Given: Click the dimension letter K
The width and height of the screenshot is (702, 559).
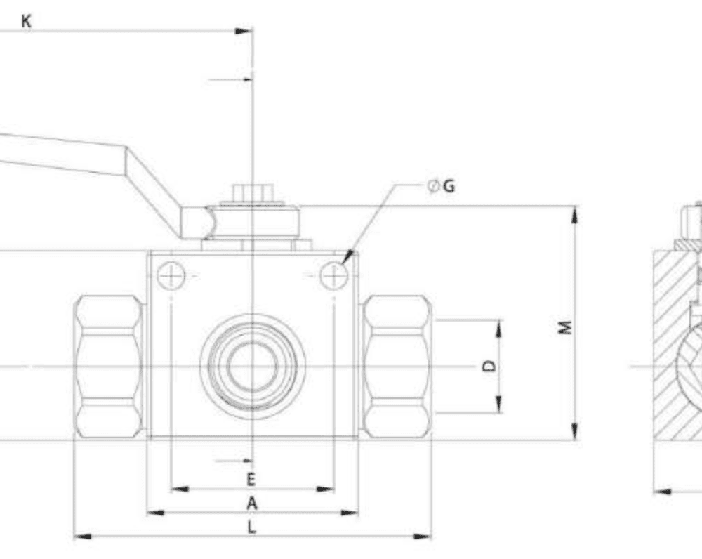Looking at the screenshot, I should click(26, 21).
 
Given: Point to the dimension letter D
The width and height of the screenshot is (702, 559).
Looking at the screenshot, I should click(490, 366).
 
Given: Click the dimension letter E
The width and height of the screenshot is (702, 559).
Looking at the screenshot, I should click(251, 480).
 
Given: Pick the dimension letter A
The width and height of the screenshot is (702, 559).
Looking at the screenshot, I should click(251, 503).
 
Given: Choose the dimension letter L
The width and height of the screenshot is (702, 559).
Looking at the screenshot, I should click(251, 527).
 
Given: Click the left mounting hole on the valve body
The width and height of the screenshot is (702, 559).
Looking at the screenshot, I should click(171, 276).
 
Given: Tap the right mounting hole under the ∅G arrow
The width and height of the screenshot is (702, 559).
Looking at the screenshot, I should click(333, 276).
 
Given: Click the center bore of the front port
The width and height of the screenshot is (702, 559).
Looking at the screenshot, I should click(251, 367).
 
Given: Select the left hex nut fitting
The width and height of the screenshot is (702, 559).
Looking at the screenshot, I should click(109, 367).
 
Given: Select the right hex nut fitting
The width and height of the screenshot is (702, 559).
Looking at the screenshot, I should click(397, 367).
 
